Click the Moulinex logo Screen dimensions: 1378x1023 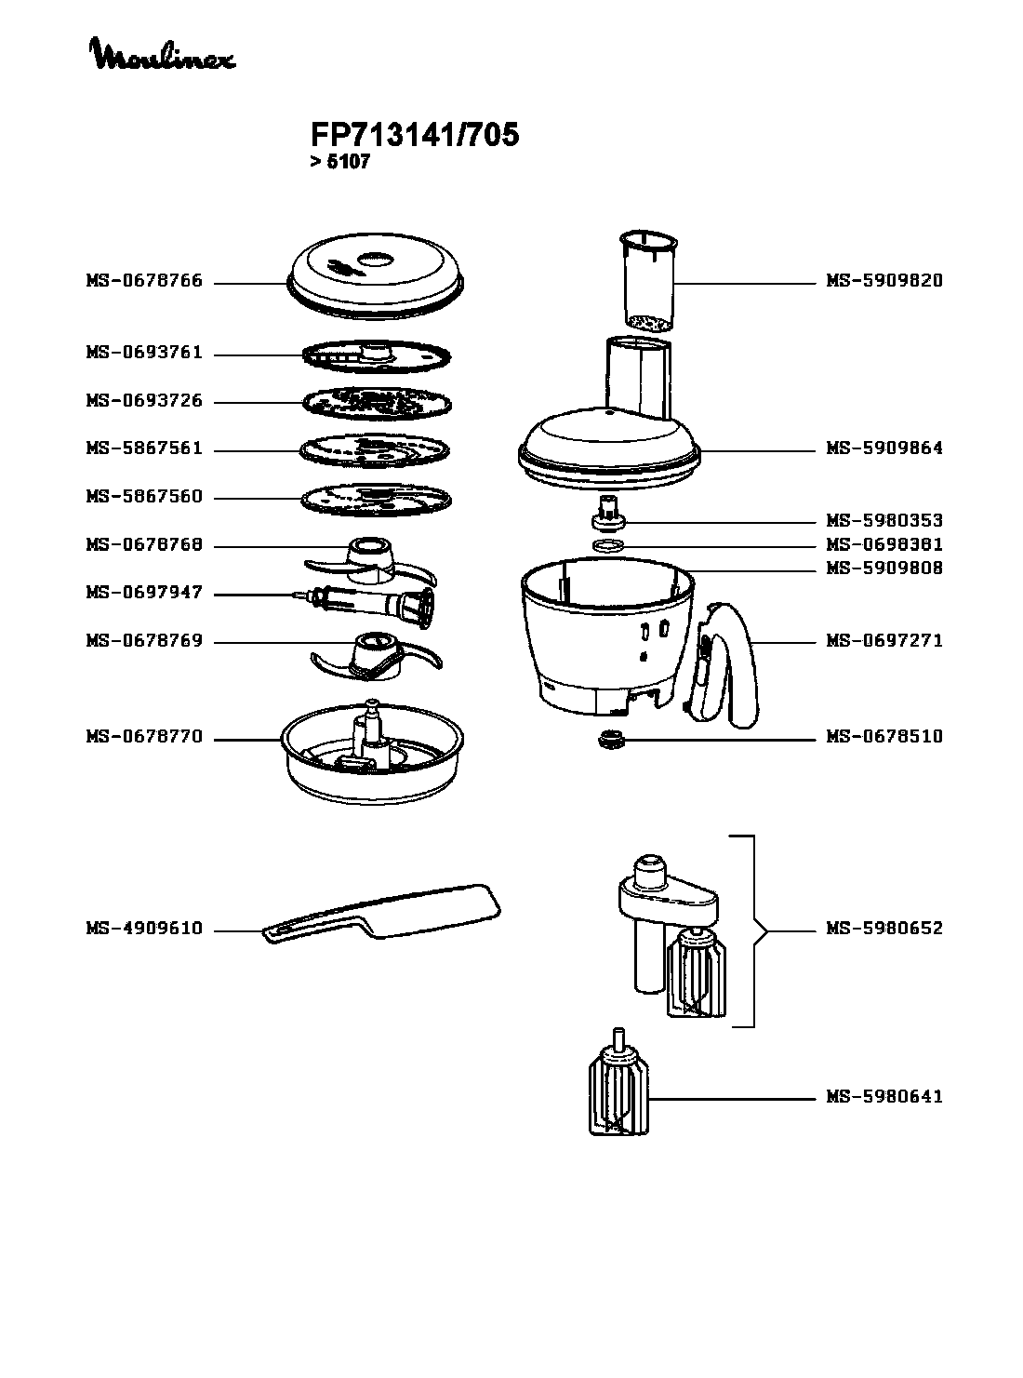pyautogui.click(x=162, y=55)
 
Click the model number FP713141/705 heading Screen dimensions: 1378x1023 pyautogui.click(x=415, y=136)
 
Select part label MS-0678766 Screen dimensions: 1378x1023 pyautogui.click(x=144, y=281)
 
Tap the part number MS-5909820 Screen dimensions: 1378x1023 pyautogui.click(x=884, y=281)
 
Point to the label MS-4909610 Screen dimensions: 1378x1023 pyautogui.click(x=144, y=929)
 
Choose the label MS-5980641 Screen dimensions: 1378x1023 pyautogui.click(x=884, y=1097)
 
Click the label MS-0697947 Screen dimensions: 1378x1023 pyautogui.click(x=144, y=593)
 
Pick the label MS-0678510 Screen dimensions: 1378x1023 pyautogui.click(x=884, y=737)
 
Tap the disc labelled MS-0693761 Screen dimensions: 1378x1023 pyautogui.click(x=376, y=355)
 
